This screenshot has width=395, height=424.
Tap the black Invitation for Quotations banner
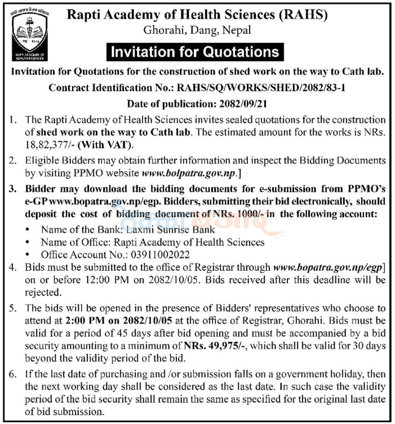pyautogui.click(x=194, y=52)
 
